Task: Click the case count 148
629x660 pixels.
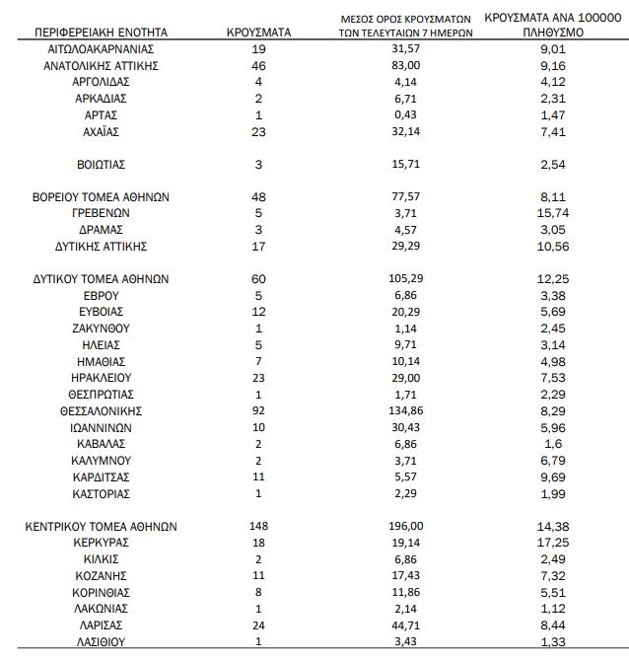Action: (x=259, y=527)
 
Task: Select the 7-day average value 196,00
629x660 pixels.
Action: (x=406, y=527)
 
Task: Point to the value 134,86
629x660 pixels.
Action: (x=406, y=410)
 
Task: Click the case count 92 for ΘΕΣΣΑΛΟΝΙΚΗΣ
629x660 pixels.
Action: (x=259, y=410)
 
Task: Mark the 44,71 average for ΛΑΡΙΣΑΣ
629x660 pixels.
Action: (x=406, y=625)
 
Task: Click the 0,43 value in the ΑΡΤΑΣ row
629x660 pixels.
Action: (x=406, y=114)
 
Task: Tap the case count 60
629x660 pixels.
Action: (x=259, y=278)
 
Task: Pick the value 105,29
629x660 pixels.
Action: (x=406, y=278)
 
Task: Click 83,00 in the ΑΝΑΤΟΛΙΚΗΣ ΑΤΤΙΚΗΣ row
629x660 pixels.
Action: (x=406, y=65)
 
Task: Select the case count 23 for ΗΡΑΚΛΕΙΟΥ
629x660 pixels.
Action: (x=259, y=377)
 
